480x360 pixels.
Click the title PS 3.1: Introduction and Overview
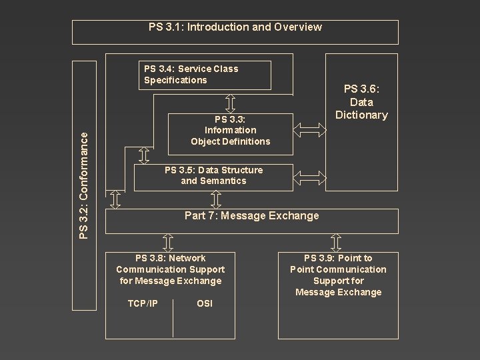pos(235,27)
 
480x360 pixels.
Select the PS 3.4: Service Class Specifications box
pos(207,75)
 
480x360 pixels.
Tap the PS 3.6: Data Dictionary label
pos(361,102)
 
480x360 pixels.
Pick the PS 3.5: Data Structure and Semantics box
pos(213,175)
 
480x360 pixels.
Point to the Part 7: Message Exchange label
pos(251,215)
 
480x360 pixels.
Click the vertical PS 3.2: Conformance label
pos(83,184)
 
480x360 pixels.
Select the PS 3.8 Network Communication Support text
pos(170,269)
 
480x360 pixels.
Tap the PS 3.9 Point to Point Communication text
pos(338,275)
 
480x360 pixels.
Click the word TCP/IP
pos(143,304)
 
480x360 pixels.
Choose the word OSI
pos(205,304)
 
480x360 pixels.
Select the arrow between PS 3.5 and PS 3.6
pos(307,176)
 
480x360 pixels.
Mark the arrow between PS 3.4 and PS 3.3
pos(230,101)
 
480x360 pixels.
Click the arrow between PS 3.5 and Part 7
pos(215,199)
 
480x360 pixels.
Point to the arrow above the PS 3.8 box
pos(169,242)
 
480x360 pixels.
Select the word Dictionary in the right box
pos(361,115)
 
